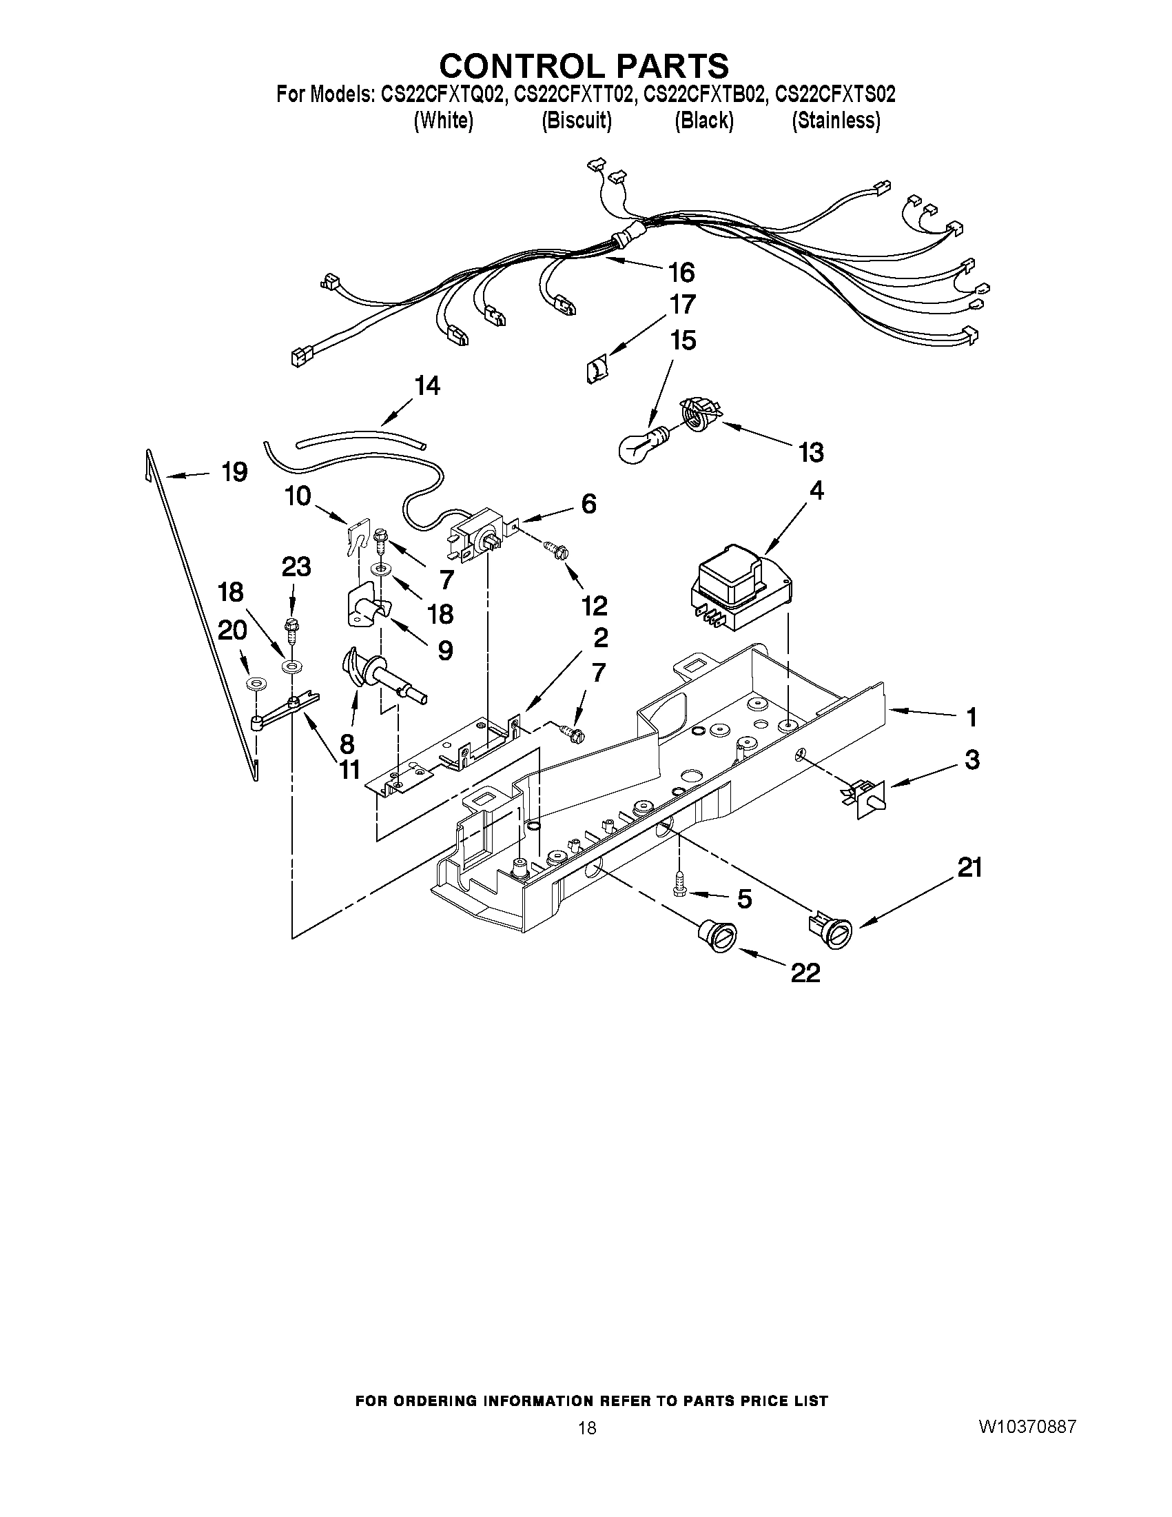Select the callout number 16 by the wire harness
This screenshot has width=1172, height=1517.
coord(681,273)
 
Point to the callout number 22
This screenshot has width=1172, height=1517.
coord(805,973)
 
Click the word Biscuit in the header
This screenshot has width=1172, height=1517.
coord(576,121)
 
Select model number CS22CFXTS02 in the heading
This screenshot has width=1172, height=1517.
coord(834,94)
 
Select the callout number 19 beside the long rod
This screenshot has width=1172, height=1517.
coord(234,472)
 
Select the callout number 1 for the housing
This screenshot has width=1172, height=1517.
coord(971,717)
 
